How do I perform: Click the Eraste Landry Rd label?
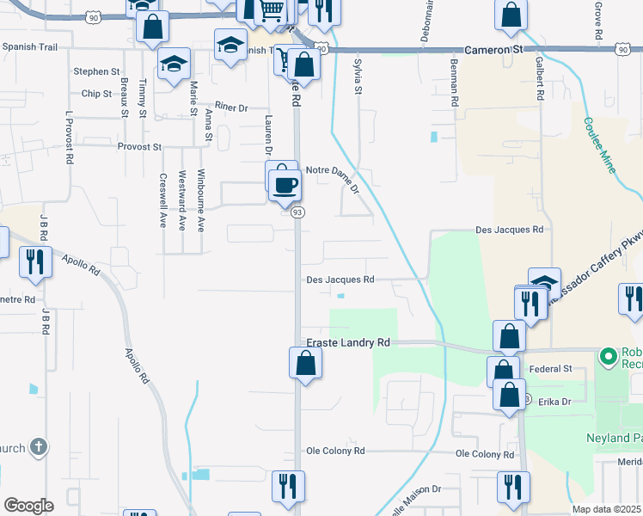(348, 342)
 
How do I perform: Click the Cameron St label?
(493, 51)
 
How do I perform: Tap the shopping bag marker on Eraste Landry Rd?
(305, 363)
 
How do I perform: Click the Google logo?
(28, 506)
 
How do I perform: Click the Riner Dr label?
(230, 107)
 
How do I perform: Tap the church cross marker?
(37, 446)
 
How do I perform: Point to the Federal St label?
(550, 369)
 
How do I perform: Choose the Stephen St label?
(96, 71)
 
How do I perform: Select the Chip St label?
(96, 93)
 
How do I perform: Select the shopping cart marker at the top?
(273, 10)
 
